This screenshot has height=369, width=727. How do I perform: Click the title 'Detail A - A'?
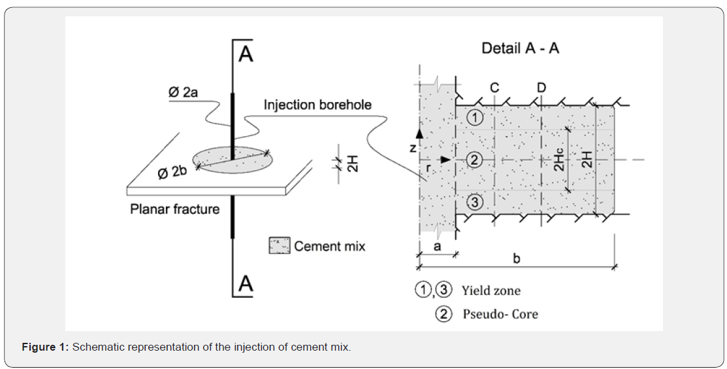[x=520, y=48]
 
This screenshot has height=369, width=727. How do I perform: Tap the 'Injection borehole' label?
[x=317, y=105]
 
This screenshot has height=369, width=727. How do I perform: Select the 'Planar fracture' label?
[x=175, y=209]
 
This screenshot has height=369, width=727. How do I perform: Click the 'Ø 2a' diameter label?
[x=184, y=92]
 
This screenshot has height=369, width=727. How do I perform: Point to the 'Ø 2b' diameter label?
[x=172, y=172]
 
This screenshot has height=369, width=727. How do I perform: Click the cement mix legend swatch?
[x=280, y=245]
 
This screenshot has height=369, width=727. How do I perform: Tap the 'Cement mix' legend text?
[x=330, y=246]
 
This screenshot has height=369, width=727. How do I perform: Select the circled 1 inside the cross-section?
[x=474, y=117]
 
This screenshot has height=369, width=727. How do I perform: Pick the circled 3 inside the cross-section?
[x=474, y=202]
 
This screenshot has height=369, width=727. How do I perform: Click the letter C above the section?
[x=494, y=88]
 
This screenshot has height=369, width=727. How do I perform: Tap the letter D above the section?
[x=541, y=88]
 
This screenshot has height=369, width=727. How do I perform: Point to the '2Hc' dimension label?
[x=560, y=159]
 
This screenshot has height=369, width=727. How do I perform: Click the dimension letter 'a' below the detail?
[x=437, y=247]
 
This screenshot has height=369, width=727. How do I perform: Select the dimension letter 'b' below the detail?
[x=517, y=258]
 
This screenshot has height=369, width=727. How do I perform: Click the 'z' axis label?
[x=413, y=148]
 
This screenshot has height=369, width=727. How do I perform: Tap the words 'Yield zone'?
[x=491, y=290]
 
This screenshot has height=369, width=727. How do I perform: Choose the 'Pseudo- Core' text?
[x=500, y=314]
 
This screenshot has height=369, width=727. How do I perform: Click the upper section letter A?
[x=245, y=54]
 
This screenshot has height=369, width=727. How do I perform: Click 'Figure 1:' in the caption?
[x=46, y=347]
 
